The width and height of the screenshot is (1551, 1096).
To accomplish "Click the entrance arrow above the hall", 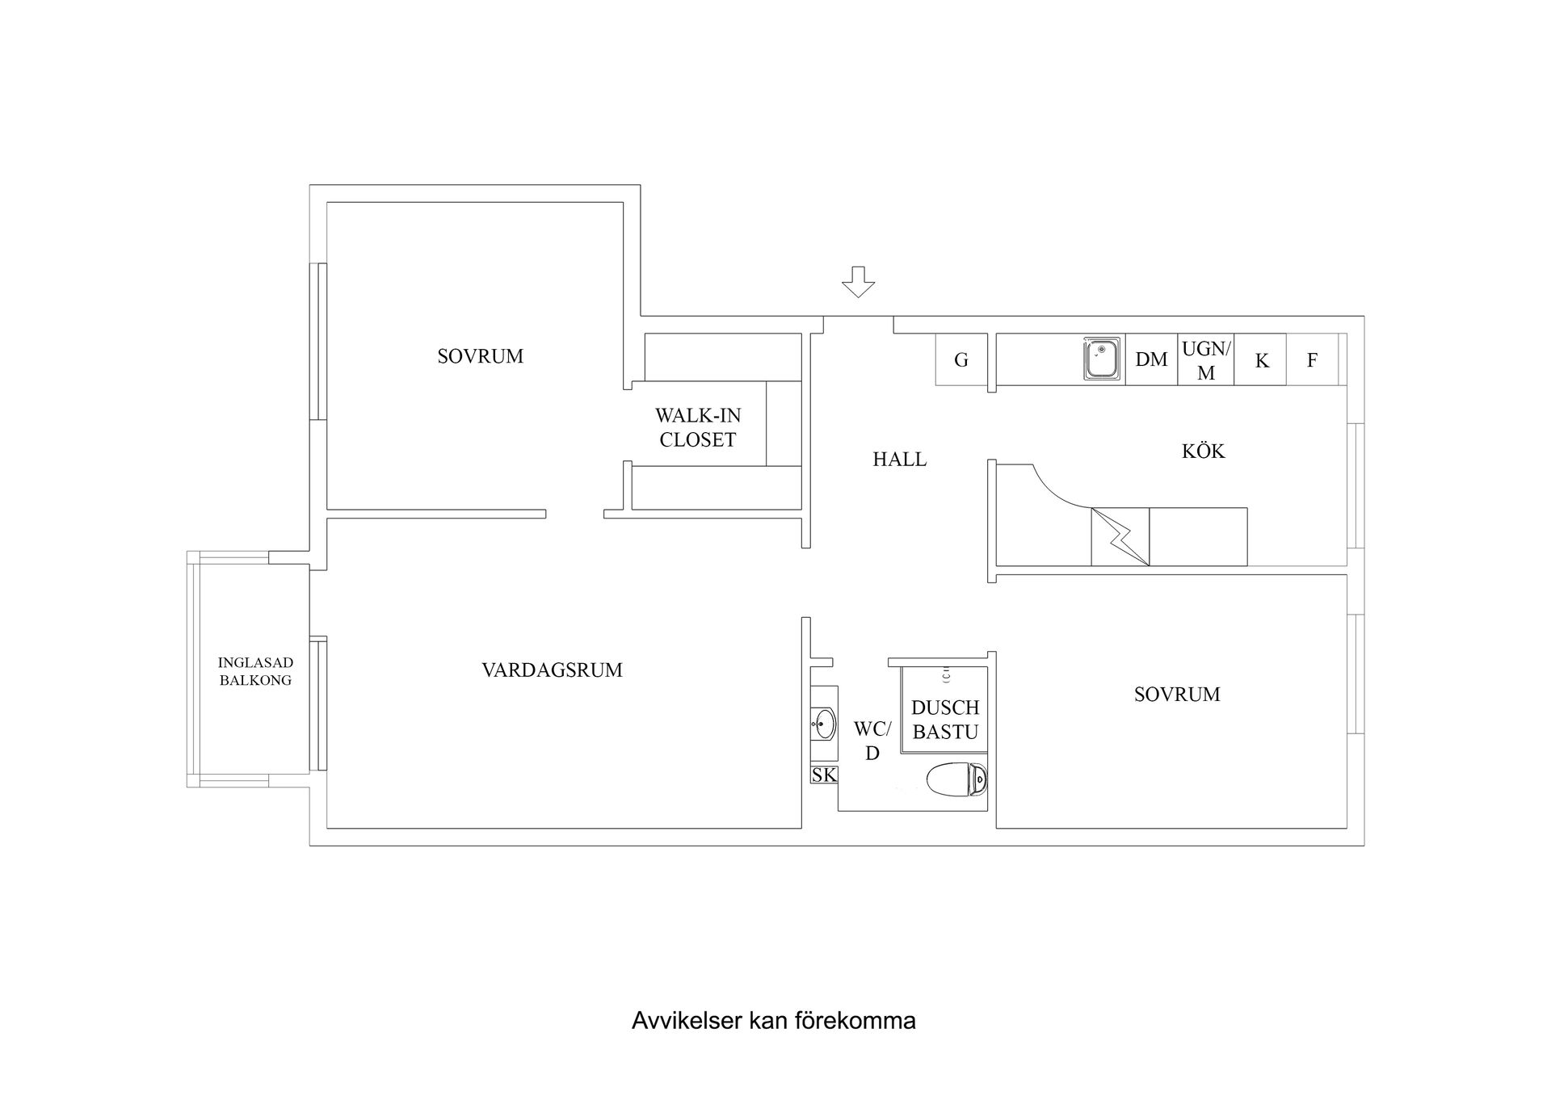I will pos(858,282).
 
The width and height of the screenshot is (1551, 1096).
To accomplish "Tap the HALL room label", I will pos(899,460).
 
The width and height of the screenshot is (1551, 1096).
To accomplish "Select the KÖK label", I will pos(1203,451).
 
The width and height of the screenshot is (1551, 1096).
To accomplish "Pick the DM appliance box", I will pos(1151,359).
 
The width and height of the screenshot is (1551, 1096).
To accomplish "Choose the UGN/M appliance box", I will pos(1205,360).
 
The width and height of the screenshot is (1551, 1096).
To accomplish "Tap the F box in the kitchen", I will pos(1312,360).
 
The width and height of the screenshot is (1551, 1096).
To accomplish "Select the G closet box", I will pos(961,360).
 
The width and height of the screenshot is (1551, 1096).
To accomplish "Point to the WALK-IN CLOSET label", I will pos(697,428).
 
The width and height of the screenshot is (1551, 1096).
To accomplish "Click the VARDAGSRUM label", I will pos(552,670).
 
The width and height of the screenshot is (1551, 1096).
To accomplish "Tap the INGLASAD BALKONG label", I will pos(255,671).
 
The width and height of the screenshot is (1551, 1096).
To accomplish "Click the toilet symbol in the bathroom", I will pos(957,780).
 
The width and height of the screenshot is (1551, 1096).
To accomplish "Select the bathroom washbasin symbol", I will pos(823,723).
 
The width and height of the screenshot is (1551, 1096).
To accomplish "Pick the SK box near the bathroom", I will pos(824,775).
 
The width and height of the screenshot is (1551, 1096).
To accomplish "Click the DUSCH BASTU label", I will pos(944,720).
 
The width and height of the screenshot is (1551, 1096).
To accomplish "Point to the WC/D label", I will pos(872,741).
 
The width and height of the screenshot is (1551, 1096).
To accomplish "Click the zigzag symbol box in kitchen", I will pos(1120,536).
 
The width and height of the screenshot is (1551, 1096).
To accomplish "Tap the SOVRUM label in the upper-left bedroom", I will pos(480,356).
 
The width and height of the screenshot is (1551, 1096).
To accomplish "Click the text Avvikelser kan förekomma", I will pos(773,1021).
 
